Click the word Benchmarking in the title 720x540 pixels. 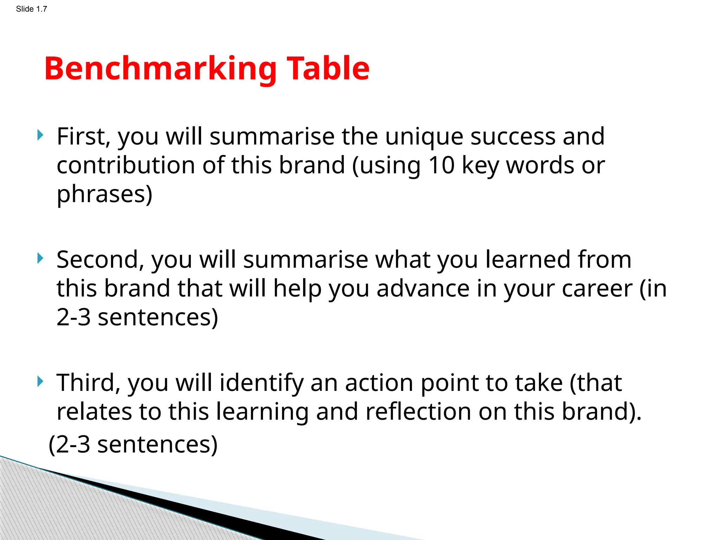[160, 69]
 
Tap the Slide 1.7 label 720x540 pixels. [31, 9]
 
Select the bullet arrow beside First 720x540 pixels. [40, 135]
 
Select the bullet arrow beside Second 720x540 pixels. [40, 258]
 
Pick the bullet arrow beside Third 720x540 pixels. [40, 381]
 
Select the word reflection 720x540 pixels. [418, 412]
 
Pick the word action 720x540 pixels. [379, 383]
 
